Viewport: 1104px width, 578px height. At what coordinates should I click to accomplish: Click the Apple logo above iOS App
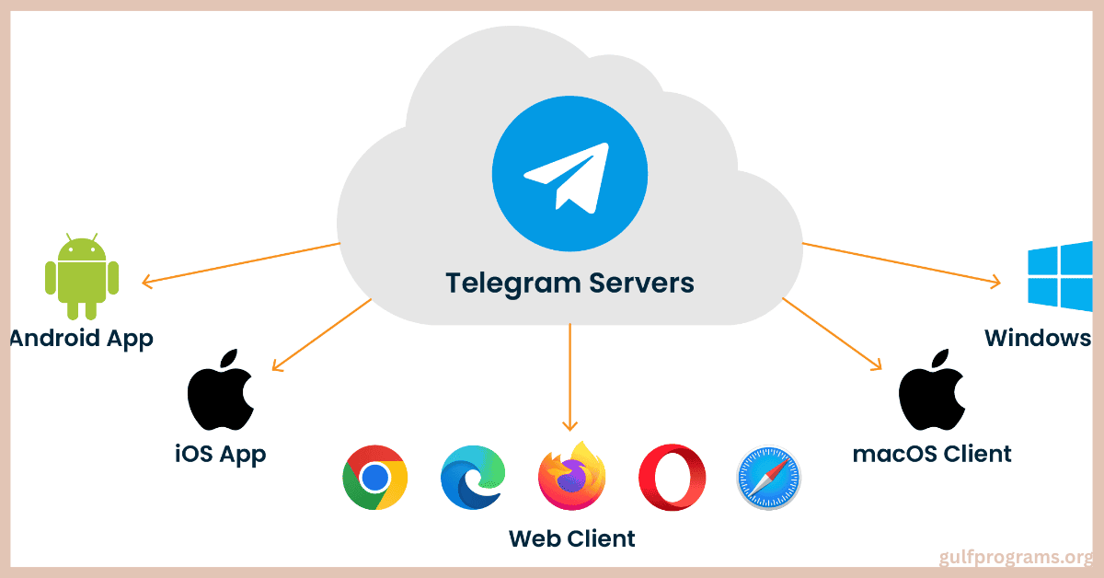click(x=221, y=390)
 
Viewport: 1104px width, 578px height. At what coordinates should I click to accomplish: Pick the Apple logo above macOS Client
click(x=931, y=390)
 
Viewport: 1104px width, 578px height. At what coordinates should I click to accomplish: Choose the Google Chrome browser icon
click(x=374, y=477)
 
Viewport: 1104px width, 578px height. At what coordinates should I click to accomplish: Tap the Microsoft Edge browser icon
click(x=473, y=477)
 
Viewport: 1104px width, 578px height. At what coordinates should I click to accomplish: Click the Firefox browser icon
click(x=571, y=476)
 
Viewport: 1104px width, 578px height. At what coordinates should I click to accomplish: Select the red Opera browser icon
click(x=672, y=477)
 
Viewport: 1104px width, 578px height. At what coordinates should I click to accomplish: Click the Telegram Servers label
click(x=570, y=282)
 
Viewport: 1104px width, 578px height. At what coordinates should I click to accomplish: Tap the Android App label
click(x=81, y=339)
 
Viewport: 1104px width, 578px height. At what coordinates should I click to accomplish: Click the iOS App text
click(x=220, y=453)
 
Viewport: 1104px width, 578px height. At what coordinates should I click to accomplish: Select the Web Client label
click(x=571, y=538)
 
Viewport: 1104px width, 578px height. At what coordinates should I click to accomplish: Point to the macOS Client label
click(x=932, y=453)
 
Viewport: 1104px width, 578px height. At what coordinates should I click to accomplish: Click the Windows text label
click(x=1038, y=338)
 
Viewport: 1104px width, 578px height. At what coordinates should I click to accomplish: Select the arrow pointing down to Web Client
click(x=570, y=377)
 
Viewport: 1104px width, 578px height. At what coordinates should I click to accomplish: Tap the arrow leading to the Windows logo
click(x=902, y=263)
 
